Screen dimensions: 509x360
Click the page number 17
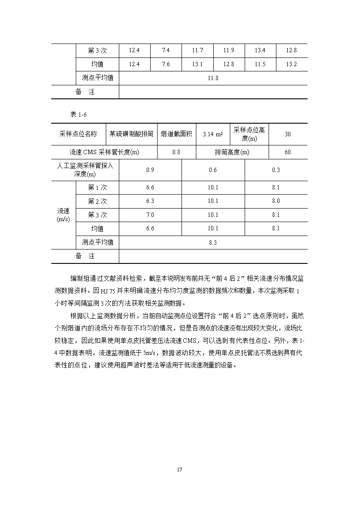click(180, 470)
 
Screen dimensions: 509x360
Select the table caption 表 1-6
click(79, 114)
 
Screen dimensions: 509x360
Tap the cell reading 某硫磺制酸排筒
click(131, 134)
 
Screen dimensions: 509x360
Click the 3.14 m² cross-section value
click(212, 134)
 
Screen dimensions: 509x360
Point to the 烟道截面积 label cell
click(176, 134)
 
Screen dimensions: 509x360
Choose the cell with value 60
click(288, 152)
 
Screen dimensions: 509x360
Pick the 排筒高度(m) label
click(232, 152)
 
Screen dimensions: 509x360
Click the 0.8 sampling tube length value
click(176, 152)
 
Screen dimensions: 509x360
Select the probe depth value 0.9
click(150, 170)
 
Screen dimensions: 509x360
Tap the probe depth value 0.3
click(276, 170)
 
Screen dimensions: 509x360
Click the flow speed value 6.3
click(150, 201)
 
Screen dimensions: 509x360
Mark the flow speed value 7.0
click(150, 215)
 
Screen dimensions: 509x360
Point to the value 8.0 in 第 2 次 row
click(276, 201)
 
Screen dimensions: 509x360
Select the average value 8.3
click(213, 243)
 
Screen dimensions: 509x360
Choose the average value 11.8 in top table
click(213, 78)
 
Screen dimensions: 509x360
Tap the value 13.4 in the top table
click(260, 51)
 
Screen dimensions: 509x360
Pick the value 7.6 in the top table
click(165, 64)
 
